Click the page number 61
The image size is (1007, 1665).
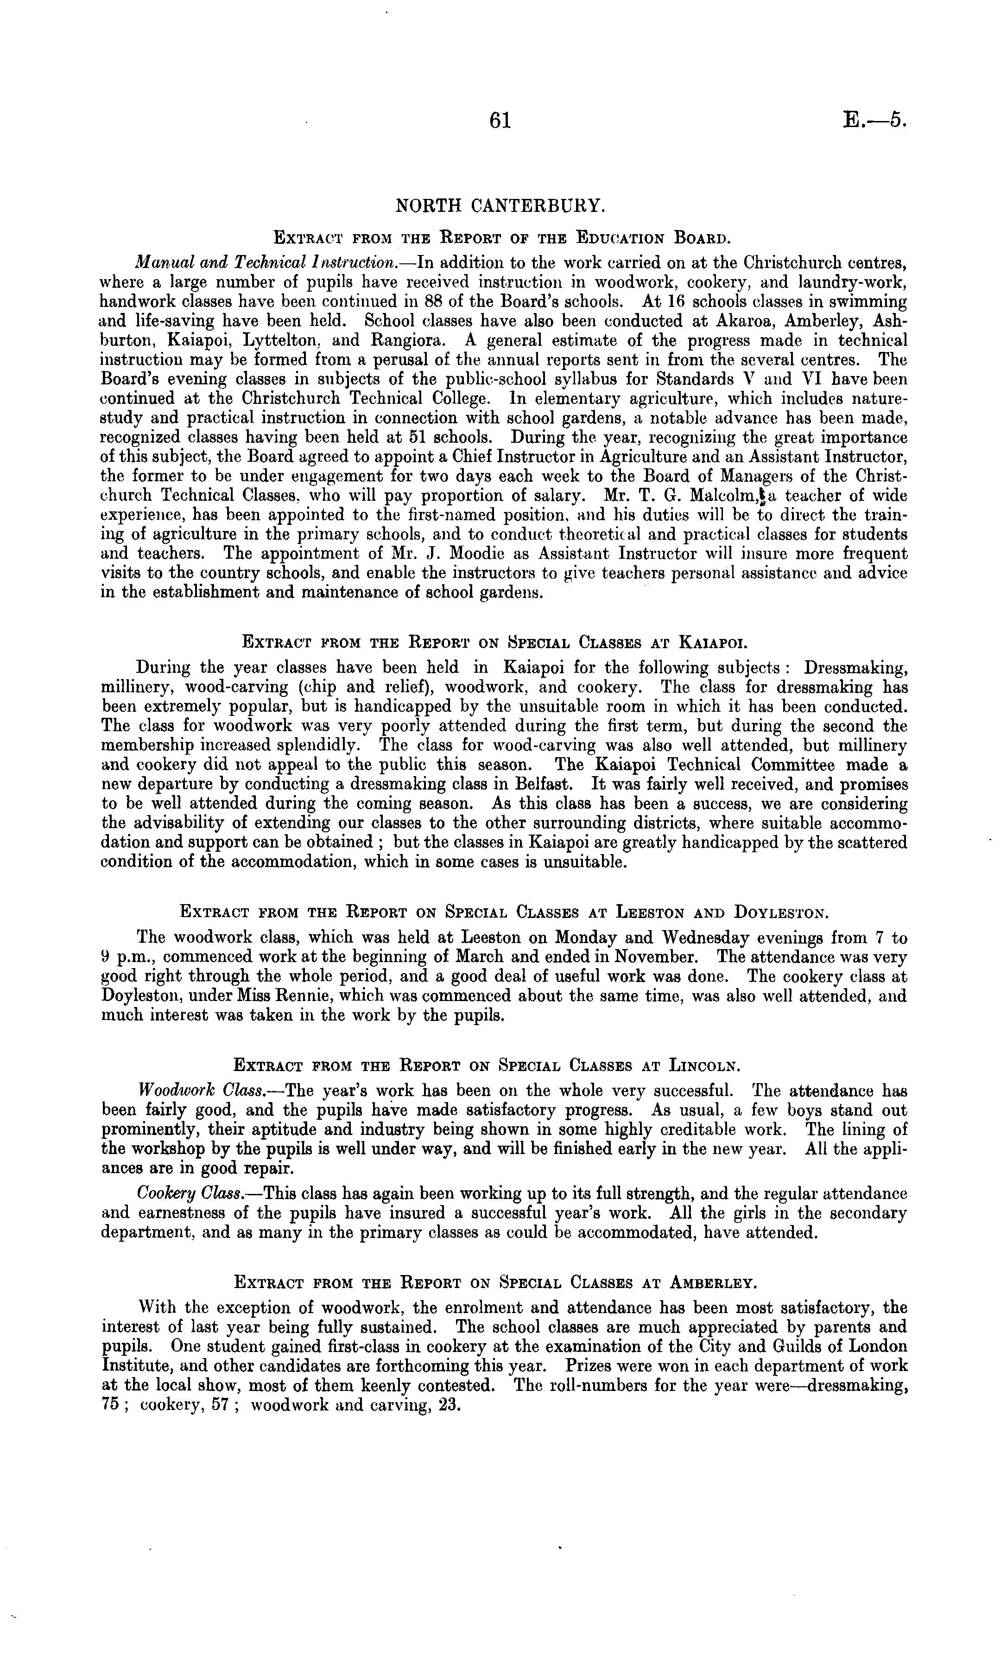(500, 120)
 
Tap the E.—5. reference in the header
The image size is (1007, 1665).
(874, 120)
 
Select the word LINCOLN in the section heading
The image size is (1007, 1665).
(704, 1065)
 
